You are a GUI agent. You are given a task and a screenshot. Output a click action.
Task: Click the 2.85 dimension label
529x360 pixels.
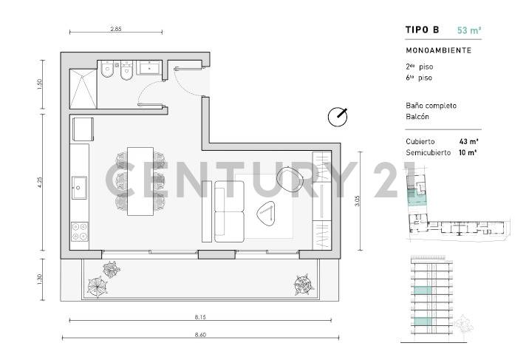click(x=115, y=29)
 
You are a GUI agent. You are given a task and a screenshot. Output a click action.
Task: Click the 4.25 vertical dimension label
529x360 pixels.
click(x=44, y=183)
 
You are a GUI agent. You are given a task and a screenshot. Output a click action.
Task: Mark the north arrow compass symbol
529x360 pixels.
click(x=338, y=117)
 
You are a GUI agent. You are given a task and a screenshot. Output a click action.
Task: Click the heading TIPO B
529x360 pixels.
click(x=423, y=30)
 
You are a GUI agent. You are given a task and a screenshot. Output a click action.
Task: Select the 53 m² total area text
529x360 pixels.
click(x=469, y=30)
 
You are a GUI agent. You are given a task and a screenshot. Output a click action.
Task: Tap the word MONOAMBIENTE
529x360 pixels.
click(x=438, y=50)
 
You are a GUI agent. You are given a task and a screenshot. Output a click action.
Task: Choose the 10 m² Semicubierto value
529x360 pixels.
click(x=468, y=152)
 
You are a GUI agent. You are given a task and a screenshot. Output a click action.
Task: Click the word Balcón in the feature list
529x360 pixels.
click(x=418, y=117)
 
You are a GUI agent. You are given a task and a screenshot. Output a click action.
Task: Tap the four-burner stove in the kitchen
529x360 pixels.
click(x=79, y=231)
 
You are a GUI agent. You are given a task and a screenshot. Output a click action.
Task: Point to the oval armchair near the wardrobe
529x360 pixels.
click(x=289, y=178)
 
